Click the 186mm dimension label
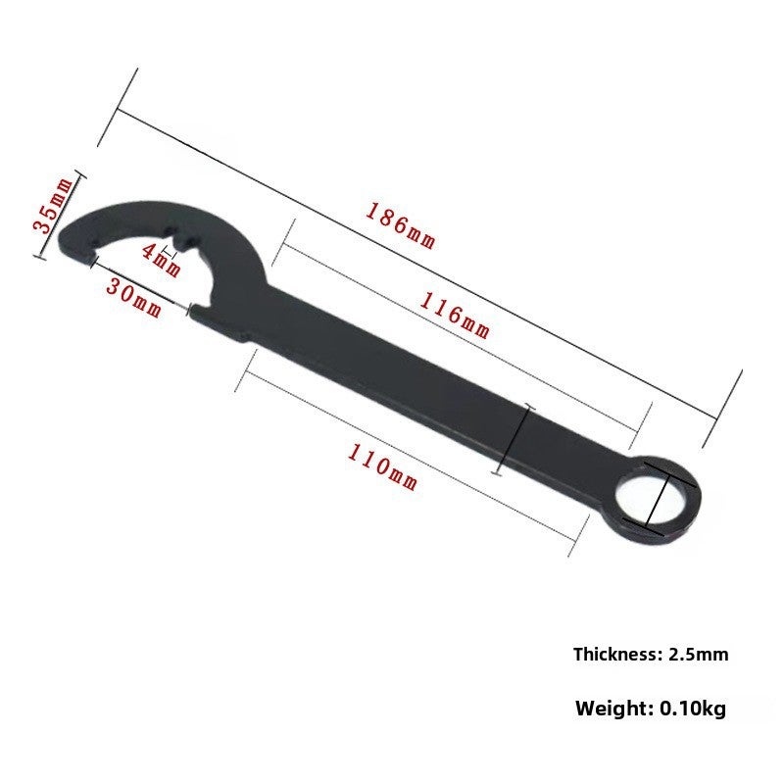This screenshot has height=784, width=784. [401, 225]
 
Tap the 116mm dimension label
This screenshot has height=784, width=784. [454, 316]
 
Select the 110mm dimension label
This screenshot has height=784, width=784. [382, 467]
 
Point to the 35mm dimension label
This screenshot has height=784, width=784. [52, 205]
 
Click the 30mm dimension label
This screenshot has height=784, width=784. [134, 298]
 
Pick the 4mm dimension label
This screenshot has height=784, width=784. [161, 260]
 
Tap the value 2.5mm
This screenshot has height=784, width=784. [698, 654]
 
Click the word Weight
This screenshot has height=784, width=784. [614, 709]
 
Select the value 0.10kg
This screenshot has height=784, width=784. [693, 708]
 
